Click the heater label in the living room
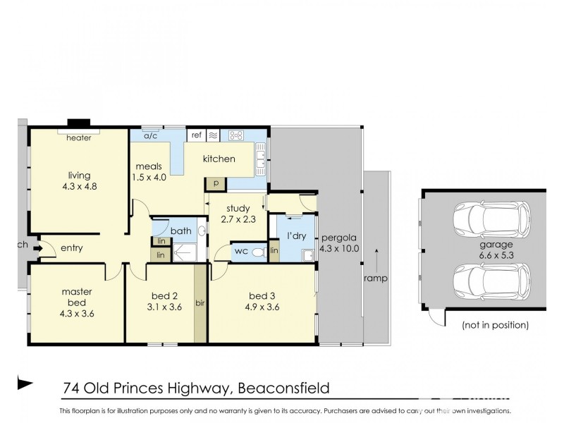pos(79,138)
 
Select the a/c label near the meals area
pos(150,137)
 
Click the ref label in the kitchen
pos(196,134)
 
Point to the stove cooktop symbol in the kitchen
pos(235,135)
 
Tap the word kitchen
pos(219,159)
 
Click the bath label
pos(180,231)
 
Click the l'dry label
pos(296,235)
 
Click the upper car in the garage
pos(491,221)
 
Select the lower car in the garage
pos(491,283)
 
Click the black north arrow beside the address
pos(25,384)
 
